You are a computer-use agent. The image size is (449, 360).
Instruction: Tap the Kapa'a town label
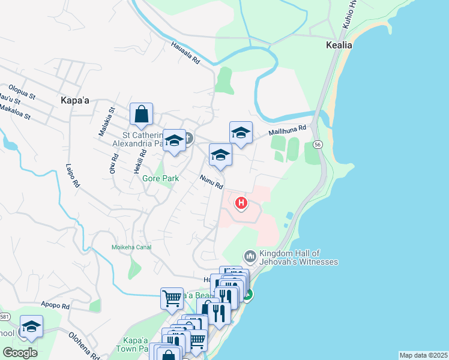pos(75,101)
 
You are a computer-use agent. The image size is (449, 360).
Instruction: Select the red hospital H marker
pos(241,204)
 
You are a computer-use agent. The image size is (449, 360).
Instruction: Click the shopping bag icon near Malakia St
pos(141,114)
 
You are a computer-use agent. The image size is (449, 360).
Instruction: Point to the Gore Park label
pos(160,178)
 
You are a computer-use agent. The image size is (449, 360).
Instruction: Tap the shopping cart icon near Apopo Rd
pos(172,298)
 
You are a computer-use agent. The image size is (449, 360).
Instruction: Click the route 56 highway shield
pos(317,145)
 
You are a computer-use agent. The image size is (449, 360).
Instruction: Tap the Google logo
pos(20,353)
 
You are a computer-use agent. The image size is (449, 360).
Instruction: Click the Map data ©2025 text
pos(423,355)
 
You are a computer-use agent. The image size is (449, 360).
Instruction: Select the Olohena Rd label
pos(83,346)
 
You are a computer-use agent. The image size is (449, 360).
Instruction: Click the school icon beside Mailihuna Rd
pos(241,133)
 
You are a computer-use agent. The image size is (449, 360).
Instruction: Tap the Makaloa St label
pos(15,110)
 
